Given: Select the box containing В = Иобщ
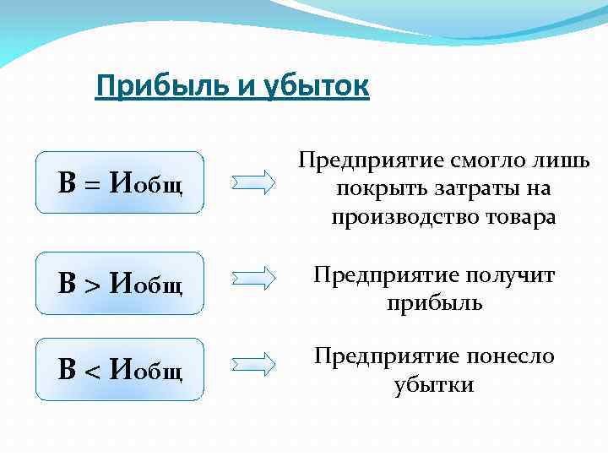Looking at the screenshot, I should click(x=120, y=182).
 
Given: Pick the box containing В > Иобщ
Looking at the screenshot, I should click(x=120, y=283).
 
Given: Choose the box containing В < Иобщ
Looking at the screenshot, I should click(x=120, y=369).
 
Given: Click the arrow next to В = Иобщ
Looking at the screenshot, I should click(x=253, y=182).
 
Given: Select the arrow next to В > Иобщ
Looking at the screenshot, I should click(x=253, y=278).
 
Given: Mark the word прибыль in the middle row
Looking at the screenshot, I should click(x=434, y=302).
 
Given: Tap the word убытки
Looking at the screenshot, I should click(x=434, y=385).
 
